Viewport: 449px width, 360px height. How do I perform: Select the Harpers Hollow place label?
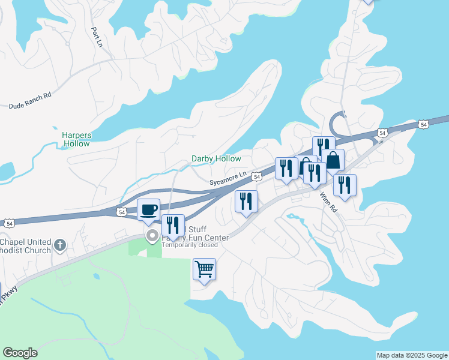(76, 139)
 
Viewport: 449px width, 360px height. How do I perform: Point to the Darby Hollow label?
(216, 159)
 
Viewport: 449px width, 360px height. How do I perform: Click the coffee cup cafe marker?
(148, 210)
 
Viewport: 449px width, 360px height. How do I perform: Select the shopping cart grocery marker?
(204, 269)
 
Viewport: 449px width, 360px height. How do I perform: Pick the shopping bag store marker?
(333, 160)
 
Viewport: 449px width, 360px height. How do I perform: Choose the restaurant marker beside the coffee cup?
(173, 226)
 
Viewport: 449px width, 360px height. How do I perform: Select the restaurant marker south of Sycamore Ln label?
(246, 201)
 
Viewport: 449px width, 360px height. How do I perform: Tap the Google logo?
(20, 353)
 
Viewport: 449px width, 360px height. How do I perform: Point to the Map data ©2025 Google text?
(412, 355)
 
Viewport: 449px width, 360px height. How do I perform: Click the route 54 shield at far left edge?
(9, 223)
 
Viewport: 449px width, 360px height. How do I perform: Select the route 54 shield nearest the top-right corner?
(424, 124)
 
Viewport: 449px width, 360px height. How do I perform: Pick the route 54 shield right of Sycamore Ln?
(256, 176)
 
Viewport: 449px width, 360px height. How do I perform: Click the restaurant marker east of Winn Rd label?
(345, 185)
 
